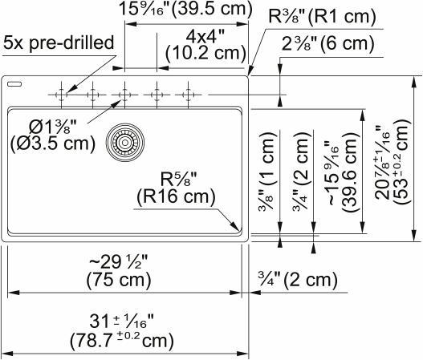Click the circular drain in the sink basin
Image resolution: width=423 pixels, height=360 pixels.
coord(124,142)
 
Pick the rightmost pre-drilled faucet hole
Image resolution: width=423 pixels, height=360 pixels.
coord(188,95)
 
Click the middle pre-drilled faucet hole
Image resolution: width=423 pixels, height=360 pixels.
coord(124,95)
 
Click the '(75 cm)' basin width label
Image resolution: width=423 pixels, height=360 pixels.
coord(122,280)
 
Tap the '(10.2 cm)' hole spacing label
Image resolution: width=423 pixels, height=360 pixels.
coord(205,53)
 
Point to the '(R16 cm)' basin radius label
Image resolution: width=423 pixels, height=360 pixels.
coord(175,195)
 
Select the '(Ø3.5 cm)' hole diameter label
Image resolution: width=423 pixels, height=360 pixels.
coord(49,145)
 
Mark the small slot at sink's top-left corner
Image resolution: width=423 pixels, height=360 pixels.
coord(16,82)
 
